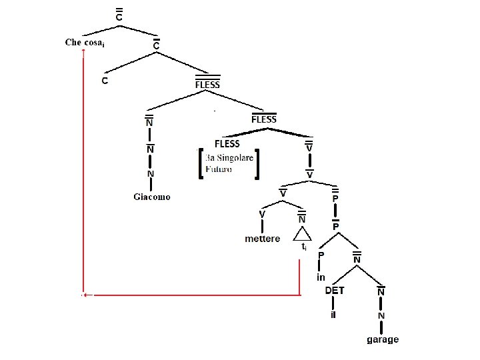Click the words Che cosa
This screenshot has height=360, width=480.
coord(83,43)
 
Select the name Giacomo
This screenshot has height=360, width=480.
coord(151,197)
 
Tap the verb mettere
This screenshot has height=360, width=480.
coord(263,239)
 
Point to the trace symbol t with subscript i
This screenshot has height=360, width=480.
coord(304,247)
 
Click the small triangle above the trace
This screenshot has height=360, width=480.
coord(302,233)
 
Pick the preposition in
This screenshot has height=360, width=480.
coord(321,277)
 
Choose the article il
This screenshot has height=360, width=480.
coord(333,315)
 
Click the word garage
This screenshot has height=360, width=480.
coord(383,339)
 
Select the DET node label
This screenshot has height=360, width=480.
coord(334,291)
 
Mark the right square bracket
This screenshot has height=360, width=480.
coord(257,163)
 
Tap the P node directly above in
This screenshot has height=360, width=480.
coord(321,254)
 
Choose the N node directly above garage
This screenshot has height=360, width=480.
coord(382,315)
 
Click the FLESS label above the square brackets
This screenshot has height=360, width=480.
coord(227,143)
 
